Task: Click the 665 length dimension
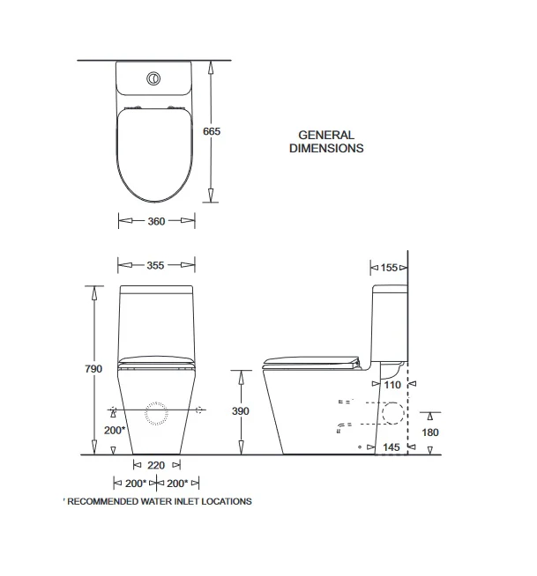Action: pyautogui.click(x=212, y=131)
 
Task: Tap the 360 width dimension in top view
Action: pyautogui.click(x=156, y=221)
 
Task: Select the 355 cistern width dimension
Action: pyautogui.click(x=155, y=265)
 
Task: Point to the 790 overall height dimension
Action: pyautogui.click(x=93, y=368)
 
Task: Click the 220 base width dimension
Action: pyautogui.click(x=156, y=465)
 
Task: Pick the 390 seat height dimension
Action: pyautogui.click(x=241, y=411)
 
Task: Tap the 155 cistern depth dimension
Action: pyautogui.click(x=389, y=268)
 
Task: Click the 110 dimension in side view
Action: pyautogui.click(x=392, y=385)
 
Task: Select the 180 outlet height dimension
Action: pyautogui.click(x=430, y=432)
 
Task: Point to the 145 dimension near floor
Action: pyautogui.click(x=391, y=447)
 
